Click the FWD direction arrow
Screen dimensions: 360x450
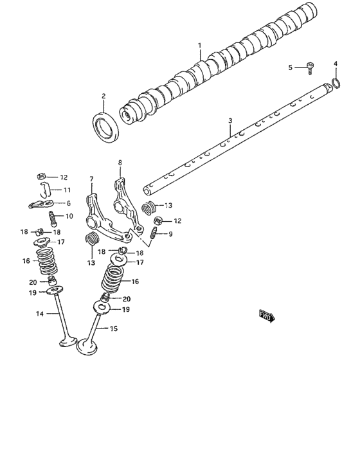tap(267, 316)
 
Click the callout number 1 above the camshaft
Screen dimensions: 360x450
tap(199, 46)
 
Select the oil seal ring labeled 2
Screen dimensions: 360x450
tap(105, 127)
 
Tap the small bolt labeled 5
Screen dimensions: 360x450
tap(310, 68)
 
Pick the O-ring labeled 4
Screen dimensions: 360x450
tap(336, 83)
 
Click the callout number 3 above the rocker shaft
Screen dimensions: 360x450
tap(230, 121)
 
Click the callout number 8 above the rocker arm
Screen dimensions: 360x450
tap(120, 163)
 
